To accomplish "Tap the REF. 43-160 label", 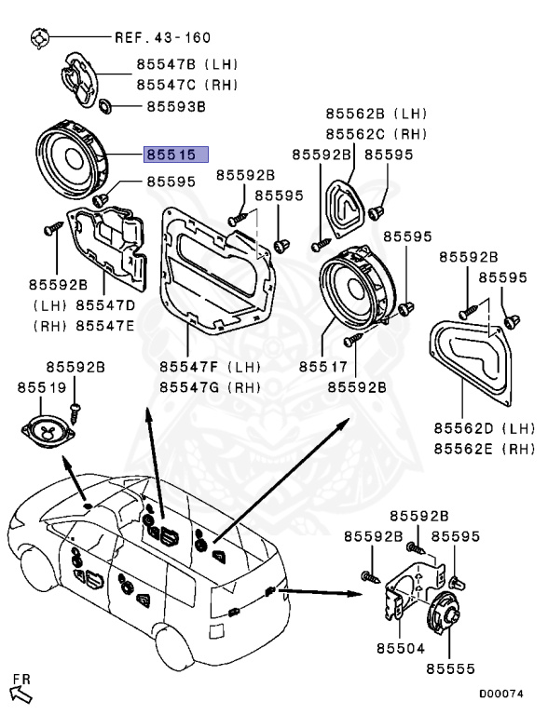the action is (x=162, y=37).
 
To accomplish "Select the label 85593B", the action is (x=176, y=107).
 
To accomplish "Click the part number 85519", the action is (x=42, y=387).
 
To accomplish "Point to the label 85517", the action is (x=323, y=367).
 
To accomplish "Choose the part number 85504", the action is (x=401, y=648).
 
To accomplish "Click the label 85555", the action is (x=451, y=669).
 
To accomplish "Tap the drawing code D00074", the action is (x=501, y=694).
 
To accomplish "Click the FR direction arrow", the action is (x=21, y=694).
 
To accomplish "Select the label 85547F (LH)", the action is (x=210, y=367).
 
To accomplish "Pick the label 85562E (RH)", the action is (x=484, y=449).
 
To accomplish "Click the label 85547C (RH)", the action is (x=187, y=85).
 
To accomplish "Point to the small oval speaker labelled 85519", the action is (x=48, y=431).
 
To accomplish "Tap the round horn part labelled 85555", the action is (x=443, y=611).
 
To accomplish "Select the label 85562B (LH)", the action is (x=377, y=114).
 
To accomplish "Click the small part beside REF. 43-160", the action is (x=39, y=37).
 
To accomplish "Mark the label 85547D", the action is (x=105, y=305).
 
